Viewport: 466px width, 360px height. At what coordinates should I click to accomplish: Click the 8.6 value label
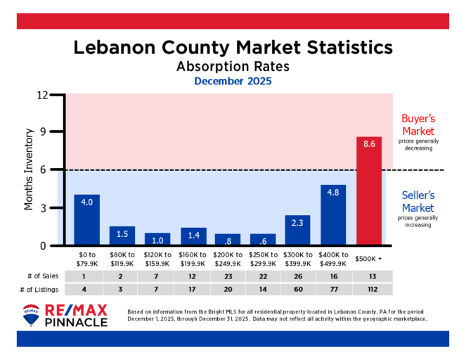[369, 144]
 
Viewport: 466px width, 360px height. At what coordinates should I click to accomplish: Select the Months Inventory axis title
[30, 169]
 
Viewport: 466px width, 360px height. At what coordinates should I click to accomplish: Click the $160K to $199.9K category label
[193, 259]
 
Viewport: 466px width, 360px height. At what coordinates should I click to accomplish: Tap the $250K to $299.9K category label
[263, 259]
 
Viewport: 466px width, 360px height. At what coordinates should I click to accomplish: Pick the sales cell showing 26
[298, 276]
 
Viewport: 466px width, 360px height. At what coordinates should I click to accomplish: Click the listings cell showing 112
[369, 290]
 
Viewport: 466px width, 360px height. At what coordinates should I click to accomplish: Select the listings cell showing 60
[298, 290]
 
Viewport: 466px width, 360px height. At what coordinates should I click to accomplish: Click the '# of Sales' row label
[40, 276]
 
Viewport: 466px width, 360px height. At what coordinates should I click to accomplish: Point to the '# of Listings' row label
[39, 290]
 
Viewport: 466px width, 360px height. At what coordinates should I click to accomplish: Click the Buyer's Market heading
[418, 125]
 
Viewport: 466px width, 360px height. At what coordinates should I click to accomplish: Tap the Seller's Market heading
[418, 202]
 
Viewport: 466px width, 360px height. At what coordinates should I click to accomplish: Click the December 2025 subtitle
[233, 82]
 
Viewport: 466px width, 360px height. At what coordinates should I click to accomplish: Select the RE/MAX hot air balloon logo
[30, 315]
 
